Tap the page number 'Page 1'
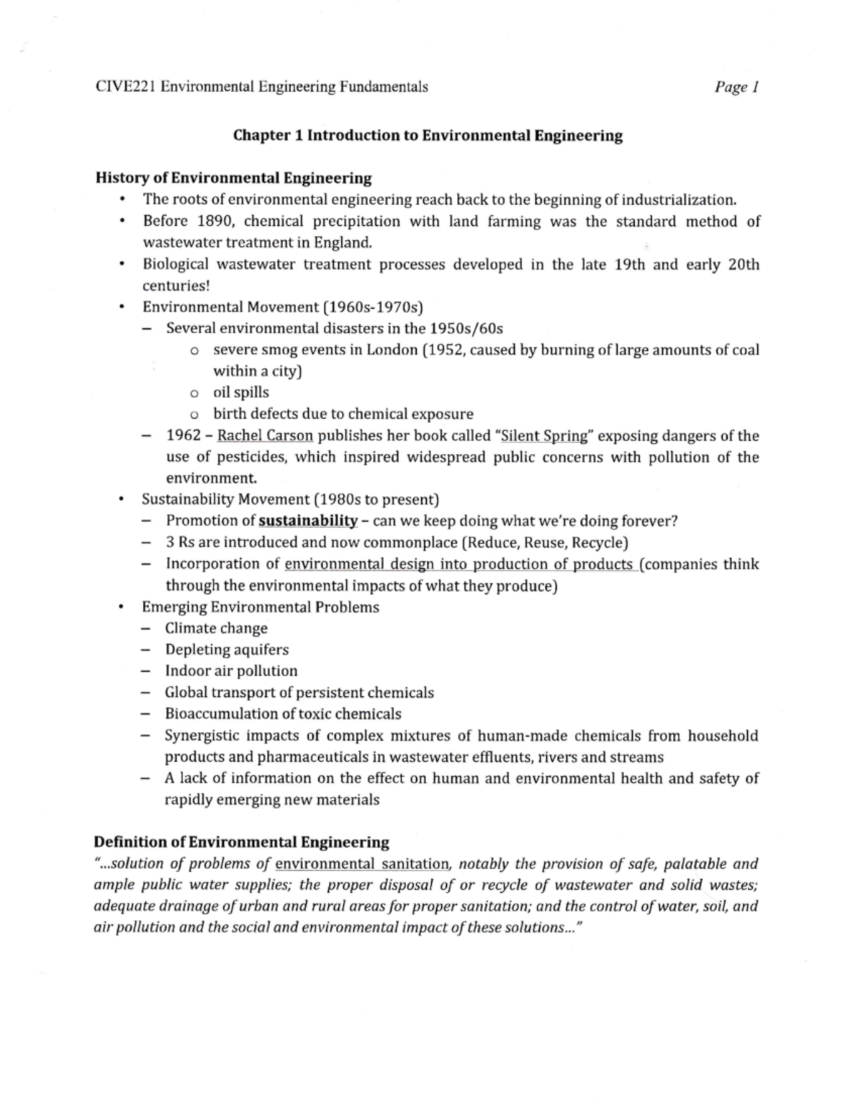(736, 87)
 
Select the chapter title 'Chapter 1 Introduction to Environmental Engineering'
(428, 136)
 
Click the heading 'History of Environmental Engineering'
(234, 178)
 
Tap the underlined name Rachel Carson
(265, 436)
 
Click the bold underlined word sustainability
(307, 521)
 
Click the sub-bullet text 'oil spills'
(241, 392)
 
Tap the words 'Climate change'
(216, 628)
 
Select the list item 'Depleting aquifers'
(227, 650)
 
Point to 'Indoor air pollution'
(231, 671)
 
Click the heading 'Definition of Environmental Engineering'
(242, 842)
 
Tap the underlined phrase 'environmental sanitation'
(363, 864)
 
